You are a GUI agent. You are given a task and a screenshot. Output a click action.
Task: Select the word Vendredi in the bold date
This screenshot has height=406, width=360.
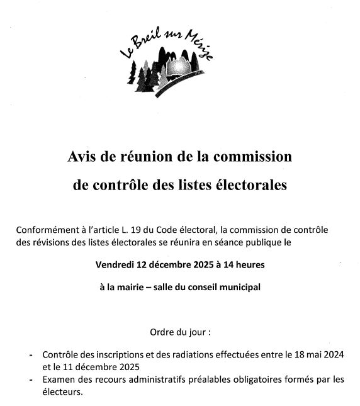click(117, 264)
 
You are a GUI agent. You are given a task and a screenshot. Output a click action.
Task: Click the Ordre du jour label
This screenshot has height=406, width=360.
click(179, 332)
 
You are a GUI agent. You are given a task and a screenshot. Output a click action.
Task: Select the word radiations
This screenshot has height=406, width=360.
click(200, 355)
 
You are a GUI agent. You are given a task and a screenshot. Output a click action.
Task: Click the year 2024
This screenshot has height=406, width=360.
click(333, 355)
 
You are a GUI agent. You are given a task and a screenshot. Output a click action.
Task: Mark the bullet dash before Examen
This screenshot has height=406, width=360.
click(31, 379)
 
